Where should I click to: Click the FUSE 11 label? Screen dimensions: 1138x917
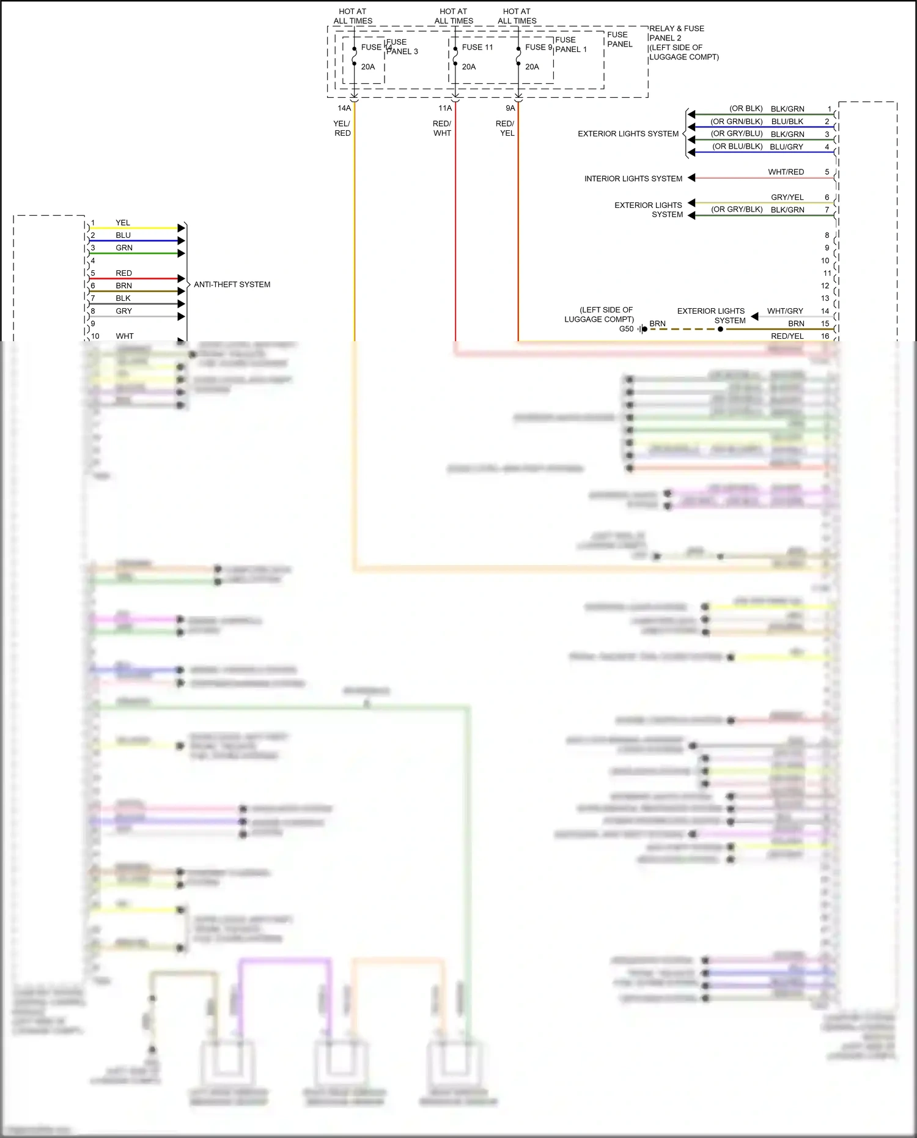(477, 47)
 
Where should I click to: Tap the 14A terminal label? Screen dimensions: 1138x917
(344, 108)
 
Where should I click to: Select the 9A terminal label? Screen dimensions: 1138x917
(510, 108)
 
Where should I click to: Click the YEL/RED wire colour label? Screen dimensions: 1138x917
(342, 128)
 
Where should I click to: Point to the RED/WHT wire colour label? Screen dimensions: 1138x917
(442, 128)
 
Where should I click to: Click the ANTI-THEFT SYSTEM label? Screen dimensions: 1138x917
(232, 284)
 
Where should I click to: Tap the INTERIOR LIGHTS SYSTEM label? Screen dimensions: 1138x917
(633, 179)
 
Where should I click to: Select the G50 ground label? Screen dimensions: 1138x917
(626, 329)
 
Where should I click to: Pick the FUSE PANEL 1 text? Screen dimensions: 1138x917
(570, 45)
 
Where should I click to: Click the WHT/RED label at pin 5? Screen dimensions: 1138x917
(786, 172)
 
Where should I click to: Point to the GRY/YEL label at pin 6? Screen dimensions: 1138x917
(787, 197)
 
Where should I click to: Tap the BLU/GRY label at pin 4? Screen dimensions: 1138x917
(786, 147)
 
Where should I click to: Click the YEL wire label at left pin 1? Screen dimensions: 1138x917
(123, 223)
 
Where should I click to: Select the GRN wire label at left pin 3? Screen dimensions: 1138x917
(124, 248)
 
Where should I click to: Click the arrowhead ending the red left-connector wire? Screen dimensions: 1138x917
(181, 278)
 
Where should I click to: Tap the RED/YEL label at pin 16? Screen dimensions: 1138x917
(787, 336)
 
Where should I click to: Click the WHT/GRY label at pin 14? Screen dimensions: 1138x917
(785, 311)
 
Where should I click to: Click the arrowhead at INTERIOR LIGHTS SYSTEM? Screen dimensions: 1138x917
(691, 178)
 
